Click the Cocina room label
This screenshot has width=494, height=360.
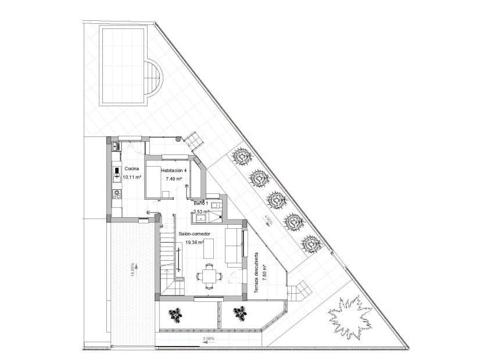[131, 168]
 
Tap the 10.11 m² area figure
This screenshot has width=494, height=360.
[131, 177]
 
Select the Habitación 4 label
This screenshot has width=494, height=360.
[174, 170]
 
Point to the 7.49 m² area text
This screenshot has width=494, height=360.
[174, 179]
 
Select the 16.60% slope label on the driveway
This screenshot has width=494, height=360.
[133, 269]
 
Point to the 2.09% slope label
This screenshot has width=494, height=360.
[208, 338]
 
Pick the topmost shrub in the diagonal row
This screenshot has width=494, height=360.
[241, 156]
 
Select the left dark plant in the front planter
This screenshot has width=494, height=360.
[176, 314]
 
